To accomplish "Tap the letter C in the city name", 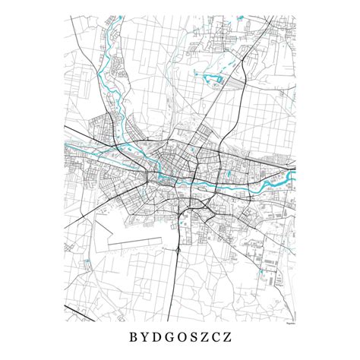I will click(228, 333).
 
